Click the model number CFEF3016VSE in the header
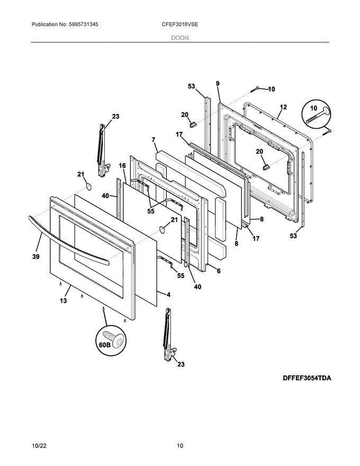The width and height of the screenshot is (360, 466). (180, 25)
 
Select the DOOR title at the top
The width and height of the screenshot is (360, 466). (180, 38)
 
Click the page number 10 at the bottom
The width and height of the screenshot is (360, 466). (180, 446)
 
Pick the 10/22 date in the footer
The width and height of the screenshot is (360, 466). (39, 446)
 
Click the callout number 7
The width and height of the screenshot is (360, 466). (153, 140)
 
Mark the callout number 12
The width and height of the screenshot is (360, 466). (283, 107)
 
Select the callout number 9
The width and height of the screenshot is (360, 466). (217, 83)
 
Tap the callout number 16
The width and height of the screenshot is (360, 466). (122, 166)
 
